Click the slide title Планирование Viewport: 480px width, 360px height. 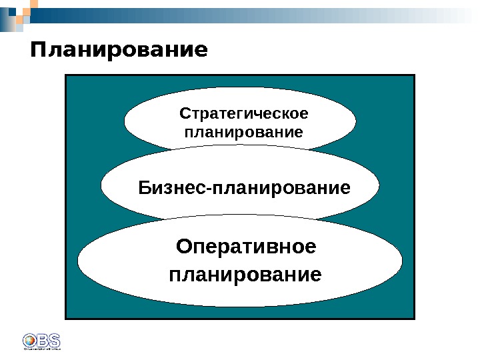coord(119,51)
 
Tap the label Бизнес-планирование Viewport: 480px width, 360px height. coord(244,187)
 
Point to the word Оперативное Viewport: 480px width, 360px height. coord(245,247)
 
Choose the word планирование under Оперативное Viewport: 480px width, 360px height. coord(245,274)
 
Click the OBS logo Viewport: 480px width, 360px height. coord(41,339)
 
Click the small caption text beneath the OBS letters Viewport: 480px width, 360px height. coord(41,347)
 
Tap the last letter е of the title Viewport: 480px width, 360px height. coord(201,51)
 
